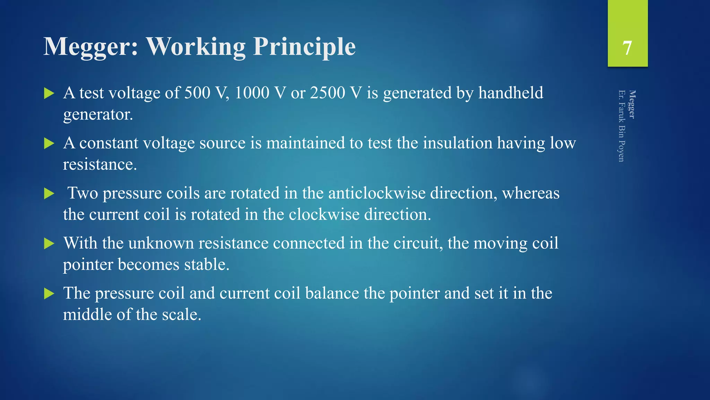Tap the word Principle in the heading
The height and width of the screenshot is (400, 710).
pyautogui.click(x=304, y=47)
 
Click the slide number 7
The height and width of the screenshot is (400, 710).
pyautogui.click(x=627, y=48)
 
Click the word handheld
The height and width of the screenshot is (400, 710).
pyautogui.click(x=511, y=93)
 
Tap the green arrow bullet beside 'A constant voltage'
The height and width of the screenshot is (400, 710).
pyautogui.click(x=49, y=143)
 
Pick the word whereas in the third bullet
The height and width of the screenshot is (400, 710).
pyautogui.click(x=530, y=193)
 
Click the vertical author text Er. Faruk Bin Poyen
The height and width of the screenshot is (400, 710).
pyautogui.click(x=621, y=126)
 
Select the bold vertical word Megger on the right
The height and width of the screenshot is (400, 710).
pyautogui.click(x=632, y=104)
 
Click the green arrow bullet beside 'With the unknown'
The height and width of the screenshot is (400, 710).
pyautogui.click(x=49, y=243)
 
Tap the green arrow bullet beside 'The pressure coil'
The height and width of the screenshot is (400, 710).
pyautogui.click(x=49, y=294)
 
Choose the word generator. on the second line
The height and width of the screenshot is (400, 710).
pyautogui.click(x=98, y=115)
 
